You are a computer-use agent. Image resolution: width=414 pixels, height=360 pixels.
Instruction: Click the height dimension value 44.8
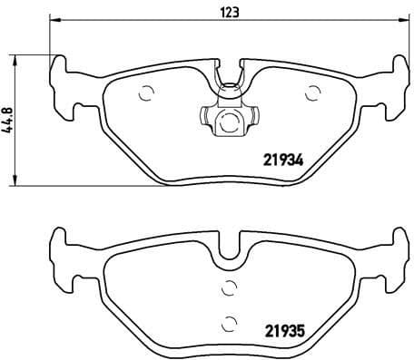[10, 119]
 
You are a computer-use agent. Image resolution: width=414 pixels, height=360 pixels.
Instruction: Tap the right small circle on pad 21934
[314, 91]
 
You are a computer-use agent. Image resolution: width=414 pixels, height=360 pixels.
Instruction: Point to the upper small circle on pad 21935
[229, 288]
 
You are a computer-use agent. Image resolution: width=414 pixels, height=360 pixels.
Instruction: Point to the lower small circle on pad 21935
[229, 320]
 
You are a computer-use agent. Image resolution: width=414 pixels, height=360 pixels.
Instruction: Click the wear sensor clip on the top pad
[229, 116]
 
